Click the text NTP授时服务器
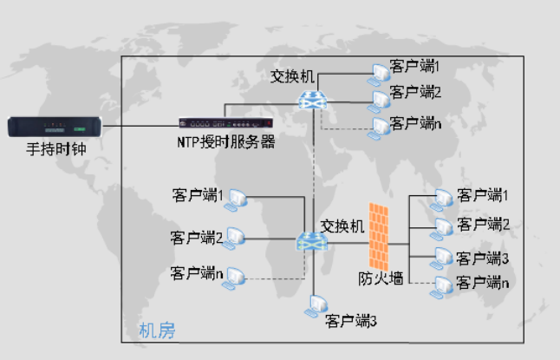click(225, 142)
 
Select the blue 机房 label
click(157, 331)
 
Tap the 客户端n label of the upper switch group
click(415, 124)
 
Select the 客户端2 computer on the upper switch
click(379, 99)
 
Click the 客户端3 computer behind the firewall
click(442, 259)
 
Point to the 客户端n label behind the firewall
click(481, 282)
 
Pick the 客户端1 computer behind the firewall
click(442, 198)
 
